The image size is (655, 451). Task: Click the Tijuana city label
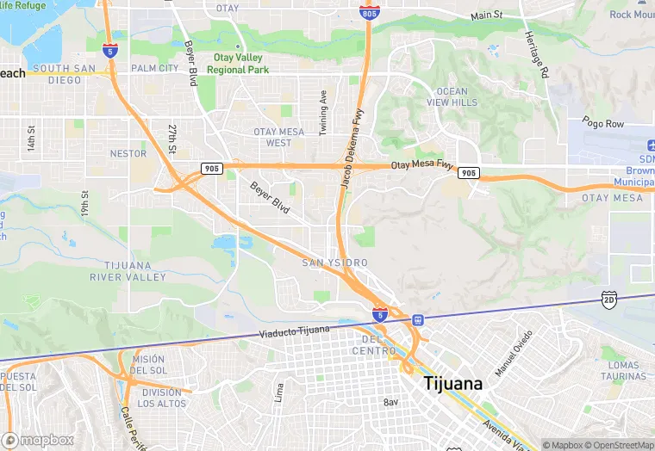[452, 385]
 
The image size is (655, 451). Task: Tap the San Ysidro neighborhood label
[334, 263]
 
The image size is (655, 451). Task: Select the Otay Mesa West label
[278, 137]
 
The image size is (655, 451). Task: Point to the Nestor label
[129, 153]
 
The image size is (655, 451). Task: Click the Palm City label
[155, 68]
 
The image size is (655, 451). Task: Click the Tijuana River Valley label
[128, 271]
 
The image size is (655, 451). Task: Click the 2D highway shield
[609, 298]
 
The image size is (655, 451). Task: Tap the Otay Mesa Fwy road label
[421, 164]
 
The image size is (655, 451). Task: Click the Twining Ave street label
[323, 112]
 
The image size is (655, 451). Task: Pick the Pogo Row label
[602, 124]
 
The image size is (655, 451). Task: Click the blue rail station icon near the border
[417, 319]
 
